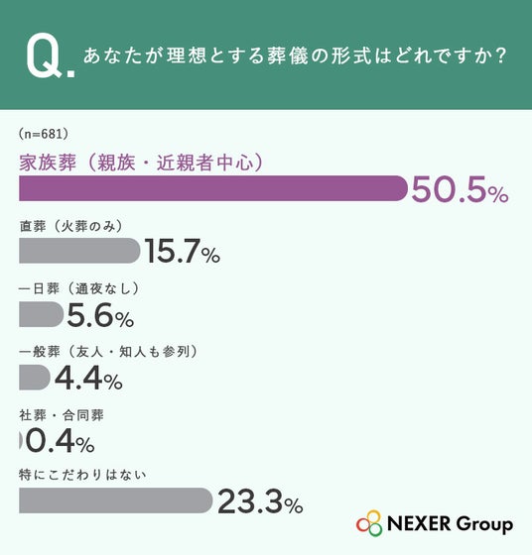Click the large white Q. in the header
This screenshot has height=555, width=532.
[51, 55]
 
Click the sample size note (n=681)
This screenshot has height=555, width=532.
[44, 134]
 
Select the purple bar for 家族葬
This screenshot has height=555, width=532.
[213, 188]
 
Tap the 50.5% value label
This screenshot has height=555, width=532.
[460, 190]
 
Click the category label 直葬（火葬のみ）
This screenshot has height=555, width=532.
[70, 226]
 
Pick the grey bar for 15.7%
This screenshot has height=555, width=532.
[79, 251]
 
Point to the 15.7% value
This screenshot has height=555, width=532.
[183, 252]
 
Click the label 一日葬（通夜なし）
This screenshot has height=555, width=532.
[78, 288]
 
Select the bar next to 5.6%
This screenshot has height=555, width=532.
[41, 314]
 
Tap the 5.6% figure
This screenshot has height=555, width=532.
[100, 315]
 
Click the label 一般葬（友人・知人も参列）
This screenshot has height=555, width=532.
[108, 352]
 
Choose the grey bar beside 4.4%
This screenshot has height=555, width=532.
[35, 378]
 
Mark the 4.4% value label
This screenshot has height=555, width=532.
[88, 378]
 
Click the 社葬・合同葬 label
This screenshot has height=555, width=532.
[62, 415]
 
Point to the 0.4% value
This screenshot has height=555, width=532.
[61, 441]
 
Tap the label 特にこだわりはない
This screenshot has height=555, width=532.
[82, 475]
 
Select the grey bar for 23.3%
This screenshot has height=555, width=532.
[116, 500]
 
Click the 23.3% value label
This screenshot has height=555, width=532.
[260, 501]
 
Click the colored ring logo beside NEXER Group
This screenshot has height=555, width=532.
[369, 523]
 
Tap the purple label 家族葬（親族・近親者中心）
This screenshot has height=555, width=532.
[141, 163]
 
